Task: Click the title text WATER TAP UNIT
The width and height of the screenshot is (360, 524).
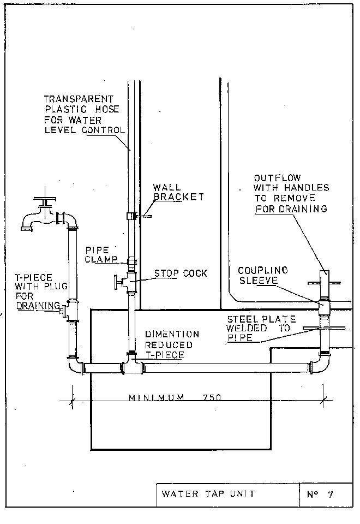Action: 208,495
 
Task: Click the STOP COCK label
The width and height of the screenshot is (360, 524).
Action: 181,273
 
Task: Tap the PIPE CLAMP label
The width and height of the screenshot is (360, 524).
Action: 97,254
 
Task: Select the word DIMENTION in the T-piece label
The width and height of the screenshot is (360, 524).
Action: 172,334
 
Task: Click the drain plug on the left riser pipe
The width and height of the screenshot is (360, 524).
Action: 63,312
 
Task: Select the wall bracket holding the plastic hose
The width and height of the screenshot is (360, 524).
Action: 141,216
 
